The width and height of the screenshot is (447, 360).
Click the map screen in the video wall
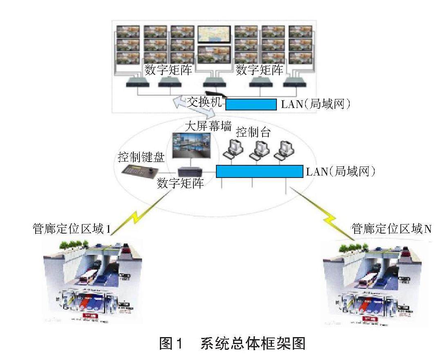coord(214,34)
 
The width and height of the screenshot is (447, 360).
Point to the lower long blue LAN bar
coord(259,171)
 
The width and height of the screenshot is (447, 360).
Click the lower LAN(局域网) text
coord(340,171)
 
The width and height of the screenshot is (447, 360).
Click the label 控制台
coord(253,132)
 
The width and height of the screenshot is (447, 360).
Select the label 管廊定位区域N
coord(391,229)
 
